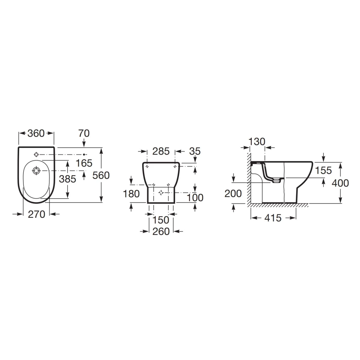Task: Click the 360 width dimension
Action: [x=36, y=133]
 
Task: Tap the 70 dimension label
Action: [x=84, y=133]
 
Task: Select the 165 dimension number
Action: [x=84, y=163]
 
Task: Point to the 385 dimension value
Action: [x=67, y=179]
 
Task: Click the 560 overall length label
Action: [x=101, y=175]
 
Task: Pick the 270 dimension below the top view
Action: [x=36, y=214]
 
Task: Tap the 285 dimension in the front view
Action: [x=161, y=151]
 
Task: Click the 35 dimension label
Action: [x=195, y=151]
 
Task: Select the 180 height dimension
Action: [x=131, y=194]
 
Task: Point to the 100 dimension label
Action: [x=195, y=198]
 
